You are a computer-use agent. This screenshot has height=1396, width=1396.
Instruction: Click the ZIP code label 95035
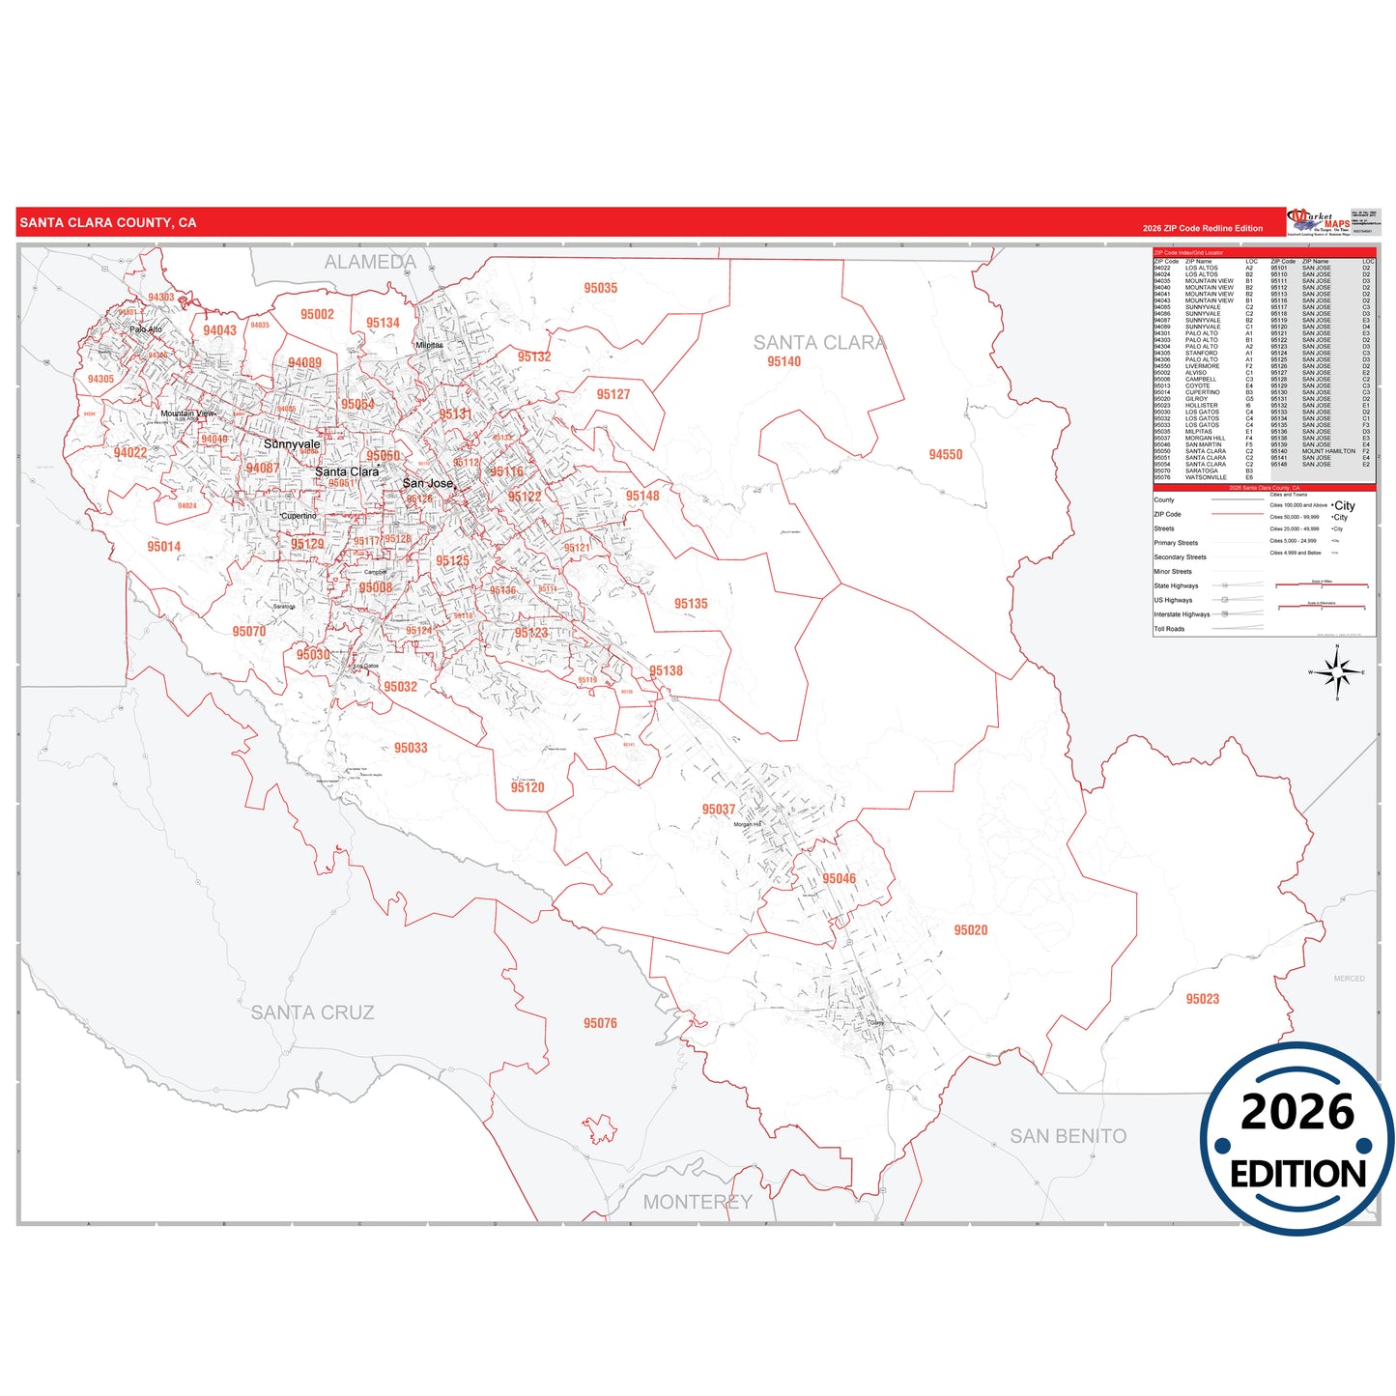click(600, 288)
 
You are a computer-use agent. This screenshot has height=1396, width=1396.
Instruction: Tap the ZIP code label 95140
click(783, 361)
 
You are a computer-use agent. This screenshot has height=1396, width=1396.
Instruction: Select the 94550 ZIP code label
click(945, 454)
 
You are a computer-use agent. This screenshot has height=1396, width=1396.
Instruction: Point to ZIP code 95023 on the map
click(1202, 999)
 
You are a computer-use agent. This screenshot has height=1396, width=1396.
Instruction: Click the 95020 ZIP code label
click(970, 930)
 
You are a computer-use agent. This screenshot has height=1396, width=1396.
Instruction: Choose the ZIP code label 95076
click(600, 1023)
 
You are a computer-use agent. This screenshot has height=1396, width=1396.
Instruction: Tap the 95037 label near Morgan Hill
click(719, 810)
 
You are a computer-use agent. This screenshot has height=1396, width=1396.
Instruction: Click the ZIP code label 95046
click(839, 878)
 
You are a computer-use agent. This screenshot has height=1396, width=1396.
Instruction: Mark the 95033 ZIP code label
click(411, 748)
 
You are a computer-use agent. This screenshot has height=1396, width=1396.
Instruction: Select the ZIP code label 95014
click(164, 547)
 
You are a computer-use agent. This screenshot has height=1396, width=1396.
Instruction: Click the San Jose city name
click(427, 483)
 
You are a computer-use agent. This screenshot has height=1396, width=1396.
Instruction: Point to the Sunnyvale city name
click(292, 444)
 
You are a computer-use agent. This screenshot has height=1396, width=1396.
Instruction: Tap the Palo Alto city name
click(146, 329)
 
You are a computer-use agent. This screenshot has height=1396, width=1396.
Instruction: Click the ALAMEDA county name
click(370, 262)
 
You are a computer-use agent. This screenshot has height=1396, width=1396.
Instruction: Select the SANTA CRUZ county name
click(312, 1012)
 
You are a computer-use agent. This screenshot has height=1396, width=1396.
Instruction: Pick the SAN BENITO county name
click(1068, 1136)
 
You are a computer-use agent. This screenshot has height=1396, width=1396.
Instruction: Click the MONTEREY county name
click(697, 1202)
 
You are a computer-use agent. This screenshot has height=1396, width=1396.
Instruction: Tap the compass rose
click(1337, 671)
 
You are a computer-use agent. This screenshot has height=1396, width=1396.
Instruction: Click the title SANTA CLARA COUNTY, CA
click(108, 222)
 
